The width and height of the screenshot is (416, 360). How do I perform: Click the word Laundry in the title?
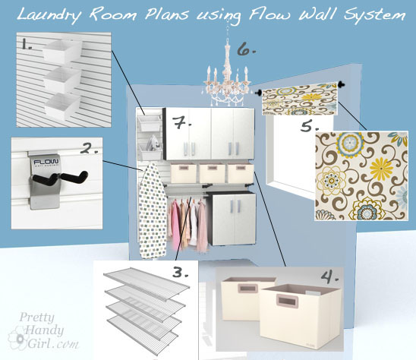tap(49, 15)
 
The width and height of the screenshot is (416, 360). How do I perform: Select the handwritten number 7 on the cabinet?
tap(181, 122)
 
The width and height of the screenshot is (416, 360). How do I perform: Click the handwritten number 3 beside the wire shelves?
tap(180, 273)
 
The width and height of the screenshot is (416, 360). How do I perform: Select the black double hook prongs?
tap(61, 177)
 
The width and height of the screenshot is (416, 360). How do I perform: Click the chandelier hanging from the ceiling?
tap(227, 77)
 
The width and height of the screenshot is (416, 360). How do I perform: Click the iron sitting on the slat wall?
tap(153, 143)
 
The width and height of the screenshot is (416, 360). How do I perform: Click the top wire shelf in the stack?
tap(147, 283)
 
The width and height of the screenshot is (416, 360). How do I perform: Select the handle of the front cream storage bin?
tap(288, 301)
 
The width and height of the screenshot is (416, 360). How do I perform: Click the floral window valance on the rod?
tap(300, 99)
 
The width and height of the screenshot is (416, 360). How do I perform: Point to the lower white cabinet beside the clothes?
tap(232, 218)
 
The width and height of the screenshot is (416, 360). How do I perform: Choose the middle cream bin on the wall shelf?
tap(212, 173)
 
